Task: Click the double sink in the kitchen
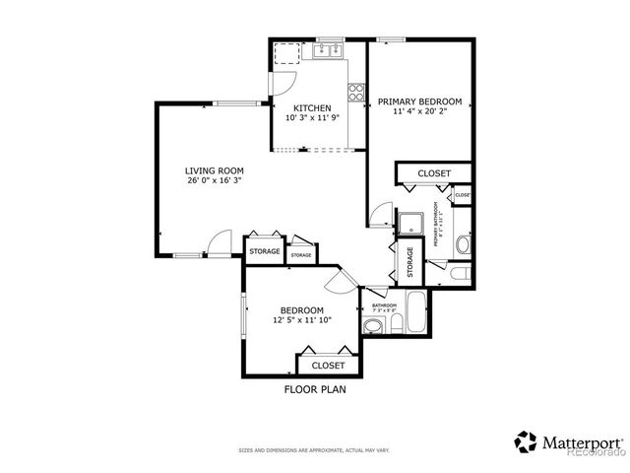tap(326, 48)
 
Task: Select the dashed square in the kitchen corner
tap(286, 55)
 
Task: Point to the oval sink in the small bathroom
tap(374, 326)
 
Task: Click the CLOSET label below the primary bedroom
tap(434, 173)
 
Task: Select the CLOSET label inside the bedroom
tap(328, 366)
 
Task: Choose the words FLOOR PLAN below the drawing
tap(315, 389)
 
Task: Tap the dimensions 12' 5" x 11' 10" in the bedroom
tap(302, 320)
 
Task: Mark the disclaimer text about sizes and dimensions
tap(315, 451)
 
